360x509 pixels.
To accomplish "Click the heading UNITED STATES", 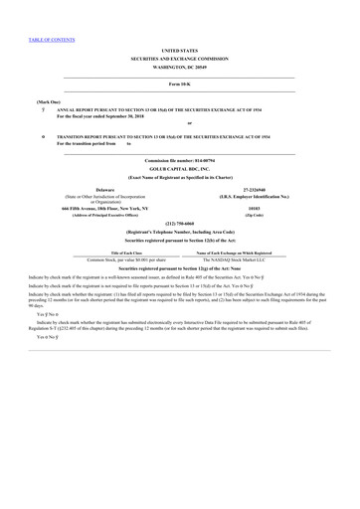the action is pyautogui.click(x=179, y=49).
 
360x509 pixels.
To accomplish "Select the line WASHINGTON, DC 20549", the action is pyautogui.click(x=179, y=67).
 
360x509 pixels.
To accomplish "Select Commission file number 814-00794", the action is pyautogui.click(x=179, y=160).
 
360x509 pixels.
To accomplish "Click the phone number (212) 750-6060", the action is pyautogui.click(x=179, y=224).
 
